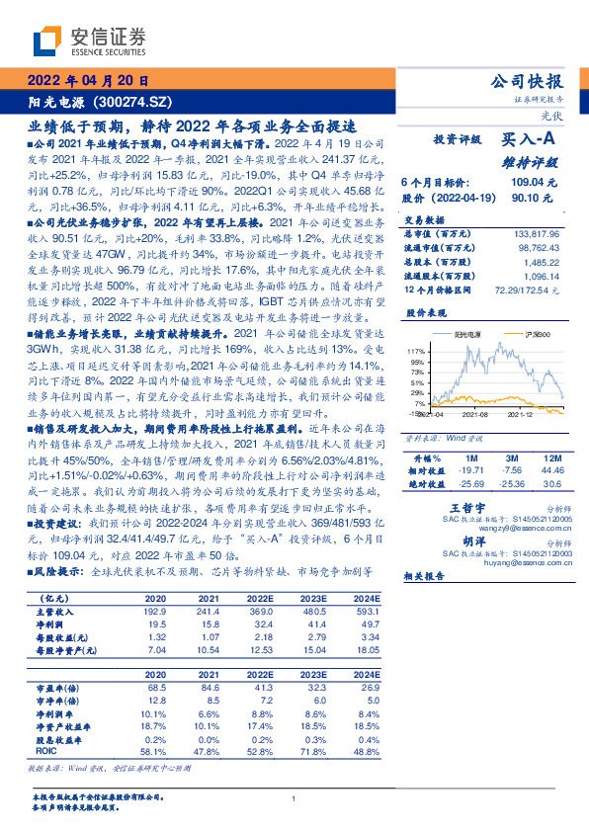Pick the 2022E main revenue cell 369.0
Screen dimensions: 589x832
click(258, 612)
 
